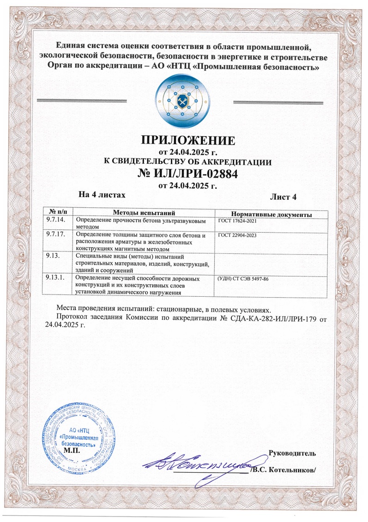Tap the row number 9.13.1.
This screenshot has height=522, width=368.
point(56,279)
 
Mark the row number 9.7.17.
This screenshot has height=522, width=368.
point(56,234)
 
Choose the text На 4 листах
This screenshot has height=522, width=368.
point(102,195)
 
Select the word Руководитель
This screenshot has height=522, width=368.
point(292,450)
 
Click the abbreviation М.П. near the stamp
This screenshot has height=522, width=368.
point(72,450)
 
